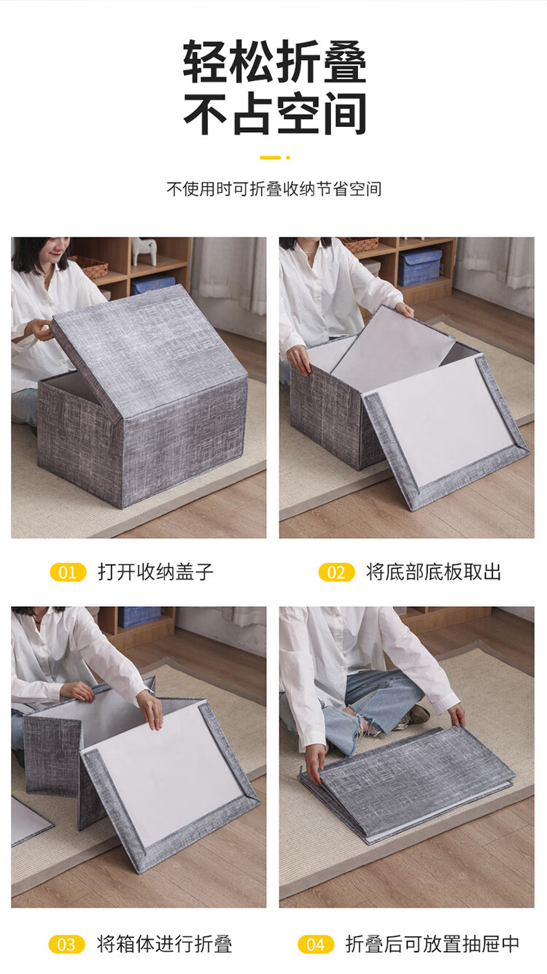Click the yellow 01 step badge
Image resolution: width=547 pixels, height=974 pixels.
(x=69, y=572)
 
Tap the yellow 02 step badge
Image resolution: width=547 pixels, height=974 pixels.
(x=337, y=572)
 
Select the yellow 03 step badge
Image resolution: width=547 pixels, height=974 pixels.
(x=66, y=945)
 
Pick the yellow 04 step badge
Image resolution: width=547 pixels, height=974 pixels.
(x=316, y=945)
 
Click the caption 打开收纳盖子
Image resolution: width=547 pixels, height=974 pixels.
(x=155, y=572)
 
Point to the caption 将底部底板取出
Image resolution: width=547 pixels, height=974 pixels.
(x=434, y=572)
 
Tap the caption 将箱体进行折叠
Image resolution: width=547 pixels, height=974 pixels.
(x=165, y=945)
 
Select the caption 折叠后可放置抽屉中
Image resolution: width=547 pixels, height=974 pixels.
(x=432, y=945)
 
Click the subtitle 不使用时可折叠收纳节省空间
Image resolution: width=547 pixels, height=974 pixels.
(x=274, y=189)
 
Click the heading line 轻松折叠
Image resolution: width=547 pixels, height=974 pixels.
(x=274, y=61)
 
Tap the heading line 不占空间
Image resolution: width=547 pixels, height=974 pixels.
(x=274, y=113)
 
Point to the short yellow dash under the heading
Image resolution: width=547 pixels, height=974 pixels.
(x=271, y=158)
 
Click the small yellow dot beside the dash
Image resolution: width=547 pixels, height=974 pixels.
(x=288, y=158)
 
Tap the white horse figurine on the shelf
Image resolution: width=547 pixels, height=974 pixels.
(x=144, y=251)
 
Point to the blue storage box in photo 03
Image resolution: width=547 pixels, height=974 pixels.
(x=139, y=617)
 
